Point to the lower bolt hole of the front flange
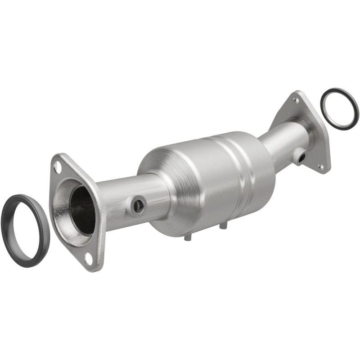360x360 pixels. tap(89, 259)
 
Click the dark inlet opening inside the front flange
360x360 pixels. tap(82, 210)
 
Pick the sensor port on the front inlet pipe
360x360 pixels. tap(139, 206)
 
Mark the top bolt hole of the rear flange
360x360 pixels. tap(296, 99)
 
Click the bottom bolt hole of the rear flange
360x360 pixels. tap(321, 166)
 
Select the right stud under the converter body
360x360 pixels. tap(221, 225)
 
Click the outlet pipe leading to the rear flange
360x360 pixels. tap(283, 139)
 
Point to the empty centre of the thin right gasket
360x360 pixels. tap(340, 108)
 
